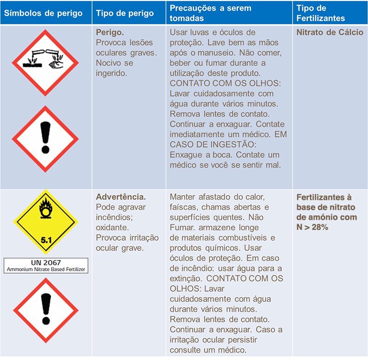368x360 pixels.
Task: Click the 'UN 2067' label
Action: click(x=46, y=263)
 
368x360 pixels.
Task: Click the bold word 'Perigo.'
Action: click(x=110, y=33)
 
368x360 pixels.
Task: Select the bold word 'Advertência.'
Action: click(x=121, y=197)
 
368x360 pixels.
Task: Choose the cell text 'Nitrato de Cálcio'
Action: click(x=329, y=33)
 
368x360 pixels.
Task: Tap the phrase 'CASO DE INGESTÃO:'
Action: click(x=202, y=144)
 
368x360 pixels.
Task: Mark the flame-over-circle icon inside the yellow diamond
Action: click(x=46, y=209)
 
